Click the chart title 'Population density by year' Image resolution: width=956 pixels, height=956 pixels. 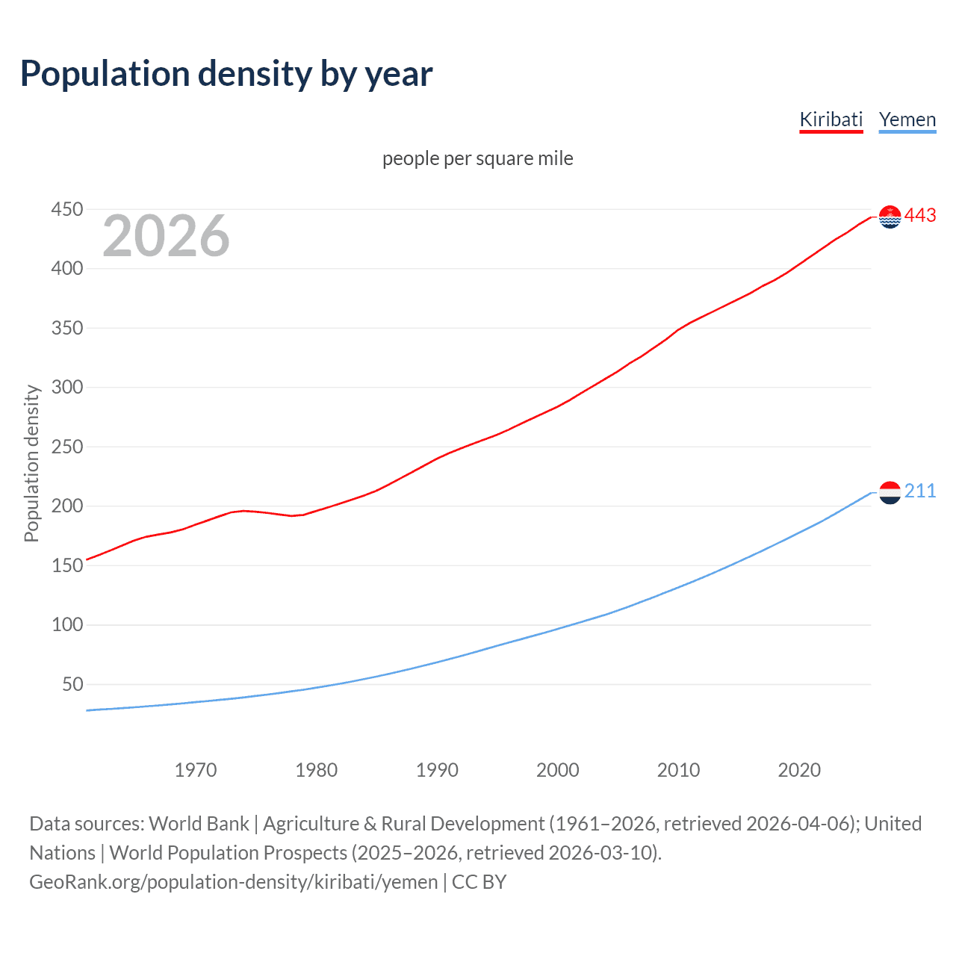226,74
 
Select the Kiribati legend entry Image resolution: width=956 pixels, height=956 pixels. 831,119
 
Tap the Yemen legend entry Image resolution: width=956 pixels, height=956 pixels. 907,119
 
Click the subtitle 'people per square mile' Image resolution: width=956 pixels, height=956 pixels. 477,158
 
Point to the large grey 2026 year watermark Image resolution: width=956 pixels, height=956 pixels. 166,236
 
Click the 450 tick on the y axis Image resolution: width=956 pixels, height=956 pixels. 66,209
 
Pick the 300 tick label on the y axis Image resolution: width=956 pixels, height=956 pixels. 66,387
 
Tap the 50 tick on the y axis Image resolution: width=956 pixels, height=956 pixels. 72,684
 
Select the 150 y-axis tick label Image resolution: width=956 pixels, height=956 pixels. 66,565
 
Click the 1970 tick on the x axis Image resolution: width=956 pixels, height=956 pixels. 196,770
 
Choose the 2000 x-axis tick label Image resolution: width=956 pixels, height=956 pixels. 557,770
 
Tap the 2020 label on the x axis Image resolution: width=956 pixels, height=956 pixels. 799,770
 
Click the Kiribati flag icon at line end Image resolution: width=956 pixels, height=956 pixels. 890,217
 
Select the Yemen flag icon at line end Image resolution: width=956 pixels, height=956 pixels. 890,492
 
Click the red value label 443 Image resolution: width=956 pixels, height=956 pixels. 920,216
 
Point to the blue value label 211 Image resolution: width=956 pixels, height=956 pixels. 920,491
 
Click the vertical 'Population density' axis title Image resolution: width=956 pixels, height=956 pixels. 31,463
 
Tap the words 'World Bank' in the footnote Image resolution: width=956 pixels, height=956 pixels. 199,824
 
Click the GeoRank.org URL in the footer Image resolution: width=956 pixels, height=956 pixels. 233,882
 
